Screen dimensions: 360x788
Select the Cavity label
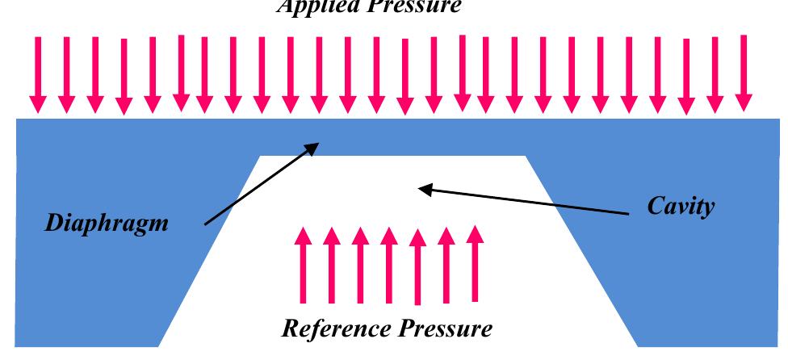pyautogui.click(x=681, y=207)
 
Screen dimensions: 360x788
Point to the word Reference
pyautogui.click(x=334, y=329)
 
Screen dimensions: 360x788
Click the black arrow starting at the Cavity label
pyautogui.click(x=525, y=201)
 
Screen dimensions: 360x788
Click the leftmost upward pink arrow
pyautogui.click(x=304, y=262)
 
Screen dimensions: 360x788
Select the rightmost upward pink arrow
pyautogui.click(x=475, y=262)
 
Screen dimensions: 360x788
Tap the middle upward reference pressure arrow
pyautogui.click(x=389, y=262)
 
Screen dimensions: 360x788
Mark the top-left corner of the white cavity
pyautogui.click(x=260, y=156)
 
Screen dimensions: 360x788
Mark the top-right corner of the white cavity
pyautogui.click(x=526, y=156)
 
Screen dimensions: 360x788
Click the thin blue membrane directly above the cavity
pyautogui.click(x=393, y=137)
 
